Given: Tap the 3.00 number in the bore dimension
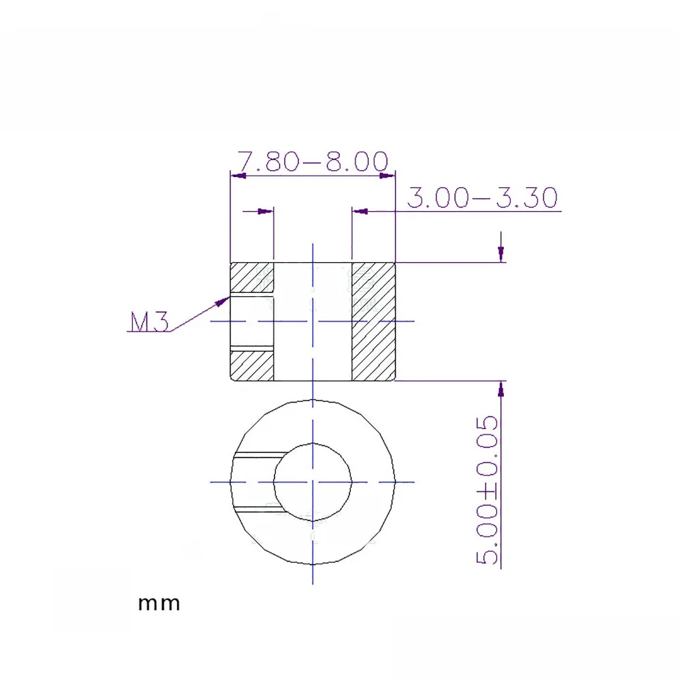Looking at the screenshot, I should coord(438,197).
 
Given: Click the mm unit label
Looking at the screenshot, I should coord(159,603).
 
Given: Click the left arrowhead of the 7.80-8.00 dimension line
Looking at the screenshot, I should coord(237,176).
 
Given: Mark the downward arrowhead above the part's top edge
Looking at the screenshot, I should coord(501,255).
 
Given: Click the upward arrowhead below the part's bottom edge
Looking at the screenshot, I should coord(501,388).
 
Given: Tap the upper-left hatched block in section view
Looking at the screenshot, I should coord(252,277).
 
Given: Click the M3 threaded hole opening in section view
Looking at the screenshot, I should coord(252,321).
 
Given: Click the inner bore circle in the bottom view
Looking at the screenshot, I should coord(312,481).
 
